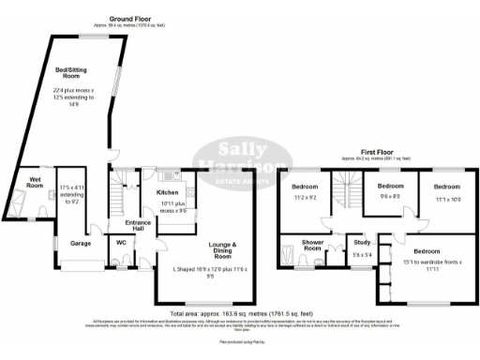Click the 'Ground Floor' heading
pyautogui.click(x=130, y=18)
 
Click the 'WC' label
pyautogui.click(x=122, y=241)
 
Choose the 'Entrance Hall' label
pyautogui.click(x=126, y=225)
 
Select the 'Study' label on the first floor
pyautogui.click(x=360, y=242)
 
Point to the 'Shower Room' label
pyautogui.click(x=313, y=246)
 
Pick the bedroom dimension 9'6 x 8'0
pyautogui.click(x=390, y=196)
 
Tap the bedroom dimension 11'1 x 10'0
pyautogui.click(x=447, y=199)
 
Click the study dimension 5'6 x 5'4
pyautogui.click(x=360, y=254)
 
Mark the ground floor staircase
pyautogui.click(x=118, y=196)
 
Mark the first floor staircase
pyautogui.click(x=351, y=196)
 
